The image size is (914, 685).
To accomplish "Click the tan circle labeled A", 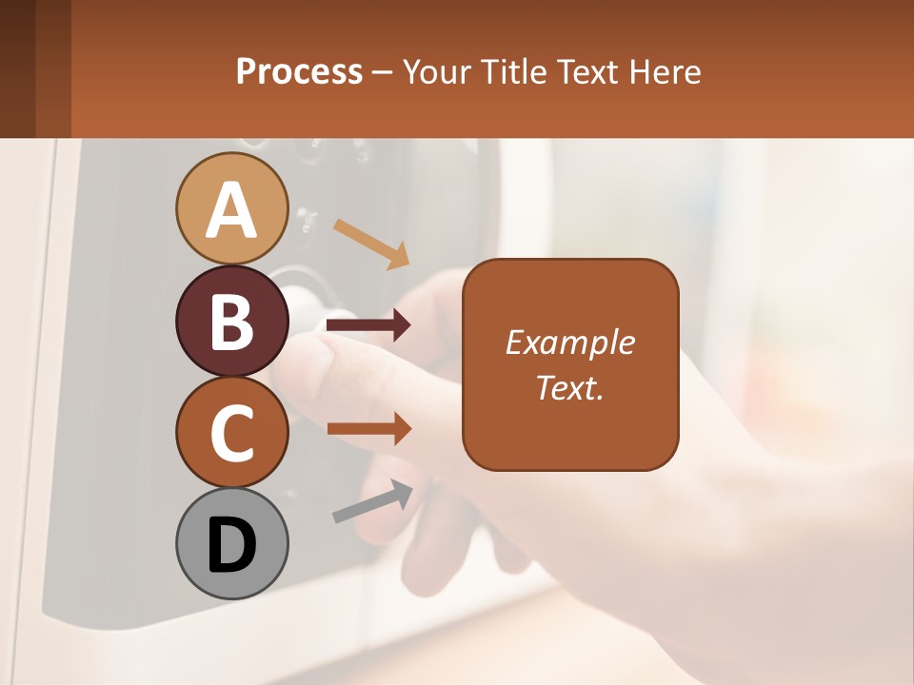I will pos(231,208).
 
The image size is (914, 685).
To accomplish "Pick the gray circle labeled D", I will pos(231,543).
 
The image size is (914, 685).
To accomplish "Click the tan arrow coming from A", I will pos(371,244).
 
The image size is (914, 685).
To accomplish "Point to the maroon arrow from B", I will pos(368,325).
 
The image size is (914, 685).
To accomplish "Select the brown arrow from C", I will pos(368,429).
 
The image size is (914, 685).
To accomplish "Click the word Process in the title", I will pos(299,71).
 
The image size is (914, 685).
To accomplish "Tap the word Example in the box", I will pos(569,342).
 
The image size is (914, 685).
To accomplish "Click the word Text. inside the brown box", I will pos(569,387).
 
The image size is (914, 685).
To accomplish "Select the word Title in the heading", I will pos(512,71).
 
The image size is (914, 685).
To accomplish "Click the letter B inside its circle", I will pos(231,321).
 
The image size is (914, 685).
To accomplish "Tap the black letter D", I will pos(231,544).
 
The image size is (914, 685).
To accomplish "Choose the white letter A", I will pos(231,209).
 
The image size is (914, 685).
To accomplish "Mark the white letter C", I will pos(231,432).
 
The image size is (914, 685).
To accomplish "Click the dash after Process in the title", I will pos(383,72).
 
